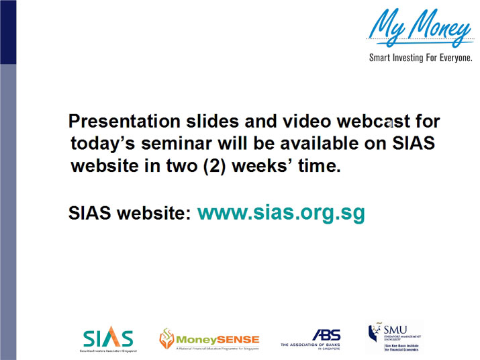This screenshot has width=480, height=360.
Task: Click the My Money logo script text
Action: tap(420, 27)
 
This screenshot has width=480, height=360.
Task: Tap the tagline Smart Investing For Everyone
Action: tap(420, 58)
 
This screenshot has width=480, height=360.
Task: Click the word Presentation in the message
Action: tap(124, 122)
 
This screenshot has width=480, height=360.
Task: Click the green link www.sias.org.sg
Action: tap(281, 213)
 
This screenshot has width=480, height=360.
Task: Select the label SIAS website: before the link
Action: tap(130, 214)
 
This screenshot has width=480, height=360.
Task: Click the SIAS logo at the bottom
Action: tap(109, 339)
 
